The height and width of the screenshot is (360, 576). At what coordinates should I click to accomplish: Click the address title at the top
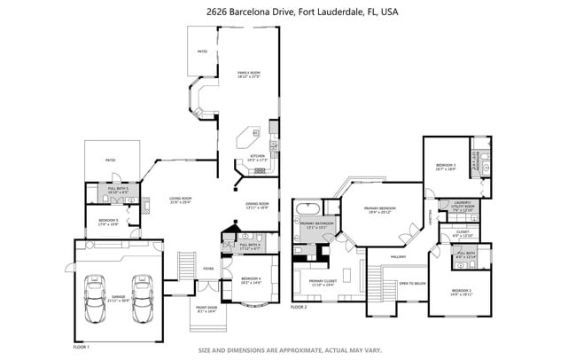[x=288, y=12]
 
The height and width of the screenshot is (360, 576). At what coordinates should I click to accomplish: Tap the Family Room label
[x=248, y=74]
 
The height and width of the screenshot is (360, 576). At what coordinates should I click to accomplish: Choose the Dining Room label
[x=257, y=205]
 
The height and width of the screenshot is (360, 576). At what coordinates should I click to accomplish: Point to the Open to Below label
[x=412, y=283]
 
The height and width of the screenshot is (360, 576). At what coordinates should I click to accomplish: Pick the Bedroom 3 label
[x=446, y=166]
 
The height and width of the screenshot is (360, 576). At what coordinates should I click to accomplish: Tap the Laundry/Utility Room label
[x=463, y=207]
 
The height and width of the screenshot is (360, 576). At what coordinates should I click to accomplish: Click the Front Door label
[x=206, y=309]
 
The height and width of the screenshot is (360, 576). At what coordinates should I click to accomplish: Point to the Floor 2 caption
[x=299, y=307]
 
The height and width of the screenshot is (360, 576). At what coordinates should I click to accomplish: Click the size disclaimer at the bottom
[x=288, y=349]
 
